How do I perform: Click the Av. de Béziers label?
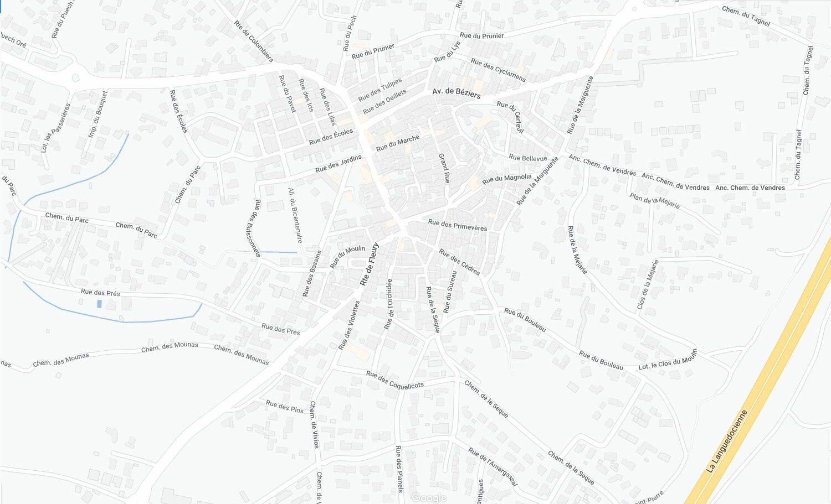point(456,92)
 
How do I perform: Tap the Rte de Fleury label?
point(370,264)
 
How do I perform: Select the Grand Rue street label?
point(444,168)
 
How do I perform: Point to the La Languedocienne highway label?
point(727,441)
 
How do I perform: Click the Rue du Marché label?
point(398,143)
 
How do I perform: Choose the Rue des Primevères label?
point(458,225)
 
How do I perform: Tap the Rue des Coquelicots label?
point(394,380)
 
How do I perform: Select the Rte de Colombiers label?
point(254,41)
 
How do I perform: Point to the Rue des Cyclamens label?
point(498,70)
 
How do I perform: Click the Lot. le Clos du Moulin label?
point(668,360)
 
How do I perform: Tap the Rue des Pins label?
point(285,407)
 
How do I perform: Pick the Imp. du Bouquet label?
point(98,114)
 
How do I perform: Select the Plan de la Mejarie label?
point(654,200)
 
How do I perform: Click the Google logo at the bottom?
point(429,498)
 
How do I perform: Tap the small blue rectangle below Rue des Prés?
point(99,304)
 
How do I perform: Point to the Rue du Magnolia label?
point(506,179)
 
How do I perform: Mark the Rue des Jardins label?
point(338,163)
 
